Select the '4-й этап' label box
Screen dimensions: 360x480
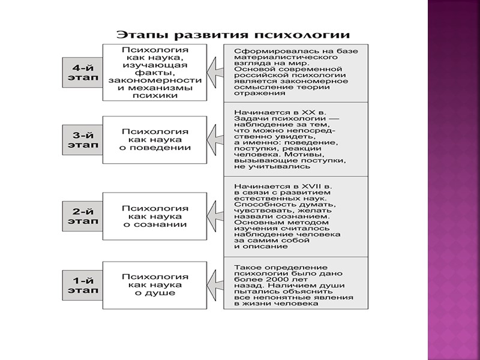[82, 71]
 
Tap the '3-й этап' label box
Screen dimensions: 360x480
[82, 140]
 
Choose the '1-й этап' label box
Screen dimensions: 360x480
[82, 284]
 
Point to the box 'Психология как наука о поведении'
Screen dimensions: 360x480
[155, 140]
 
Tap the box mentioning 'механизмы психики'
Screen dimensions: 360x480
[155, 71]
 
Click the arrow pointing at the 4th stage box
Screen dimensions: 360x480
[215, 71]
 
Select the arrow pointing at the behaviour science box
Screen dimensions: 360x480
[215, 140]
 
